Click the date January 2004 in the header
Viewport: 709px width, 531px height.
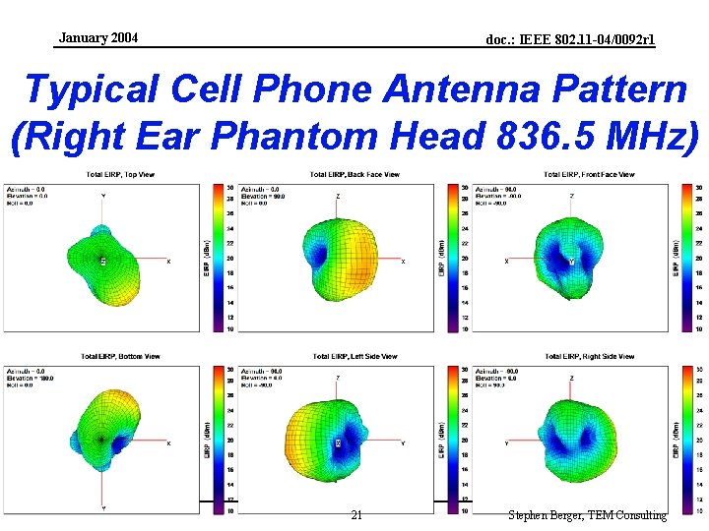tap(98, 38)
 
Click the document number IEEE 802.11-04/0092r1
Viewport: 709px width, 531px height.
tap(570, 40)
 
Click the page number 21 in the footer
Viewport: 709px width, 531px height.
tap(356, 515)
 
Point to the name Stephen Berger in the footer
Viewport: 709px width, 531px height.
tap(548, 515)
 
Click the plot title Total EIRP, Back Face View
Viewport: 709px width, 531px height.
tap(354, 175)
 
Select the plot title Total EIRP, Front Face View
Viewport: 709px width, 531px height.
tap(590, 175)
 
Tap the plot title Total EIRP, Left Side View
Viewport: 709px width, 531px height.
tap(354, 356)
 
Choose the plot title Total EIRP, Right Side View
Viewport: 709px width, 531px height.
tap(590, 356)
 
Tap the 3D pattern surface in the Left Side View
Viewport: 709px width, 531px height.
tap(335, 442)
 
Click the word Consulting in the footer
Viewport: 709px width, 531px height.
tap(641, 515)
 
